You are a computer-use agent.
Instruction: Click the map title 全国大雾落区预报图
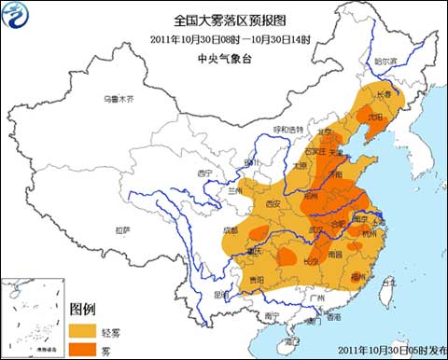pos(223,19)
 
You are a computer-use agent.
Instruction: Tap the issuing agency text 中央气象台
pos(223,57)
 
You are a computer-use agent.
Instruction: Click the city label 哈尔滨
pos(385,62)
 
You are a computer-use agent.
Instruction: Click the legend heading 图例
pos(84,309)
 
